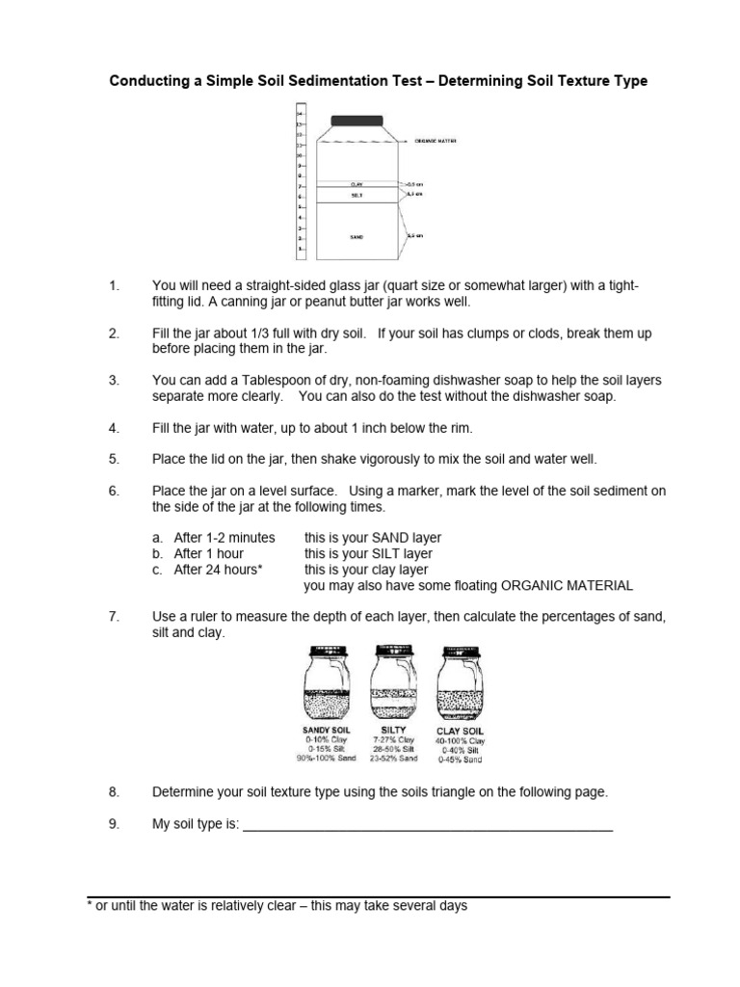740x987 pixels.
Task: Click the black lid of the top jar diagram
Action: pyautogui.click(x=357, y=120)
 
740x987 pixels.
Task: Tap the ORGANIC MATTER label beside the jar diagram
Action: pyautogui.click(x=436, y=141)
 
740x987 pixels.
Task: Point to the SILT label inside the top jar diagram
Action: pyautogui.click(x=357, y=194)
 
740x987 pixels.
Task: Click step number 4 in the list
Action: pyautogui.click(x=114, y=427)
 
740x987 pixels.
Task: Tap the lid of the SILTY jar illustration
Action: pyautogui.click(x=392, y=651)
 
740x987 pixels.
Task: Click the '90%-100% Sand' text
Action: pyautogui.click(x=327, y=759)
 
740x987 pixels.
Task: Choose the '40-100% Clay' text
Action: pyautogui.click(x=462, y=741)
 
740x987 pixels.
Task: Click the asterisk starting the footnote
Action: pyautogui.click(x=90, y=907)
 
